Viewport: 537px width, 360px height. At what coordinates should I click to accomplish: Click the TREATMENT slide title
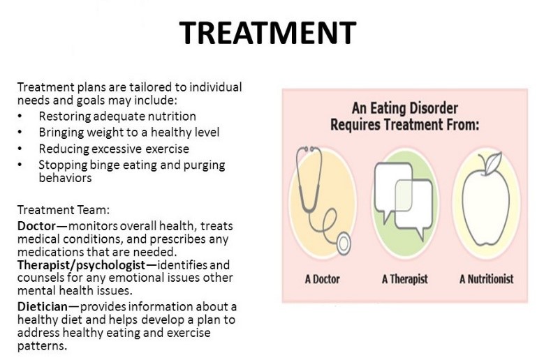[x=268, y=33]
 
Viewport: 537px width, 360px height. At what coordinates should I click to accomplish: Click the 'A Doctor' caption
[x=323, y=280]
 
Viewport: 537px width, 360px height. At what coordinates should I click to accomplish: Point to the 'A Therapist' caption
[x=404, y=280]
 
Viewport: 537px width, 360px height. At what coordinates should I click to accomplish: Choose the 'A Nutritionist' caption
[x=486, y=280]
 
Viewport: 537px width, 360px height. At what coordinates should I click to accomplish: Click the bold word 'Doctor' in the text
[x=33, y=227]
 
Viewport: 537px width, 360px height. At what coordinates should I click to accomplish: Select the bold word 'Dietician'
[x=39, y=307]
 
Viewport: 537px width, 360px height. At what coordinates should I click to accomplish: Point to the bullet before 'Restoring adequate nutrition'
[x=21, y=117]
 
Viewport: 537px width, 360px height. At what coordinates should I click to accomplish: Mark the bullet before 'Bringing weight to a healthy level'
[x=21, y=133]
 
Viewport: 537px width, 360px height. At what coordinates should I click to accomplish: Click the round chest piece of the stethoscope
[x=342, y=244]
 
